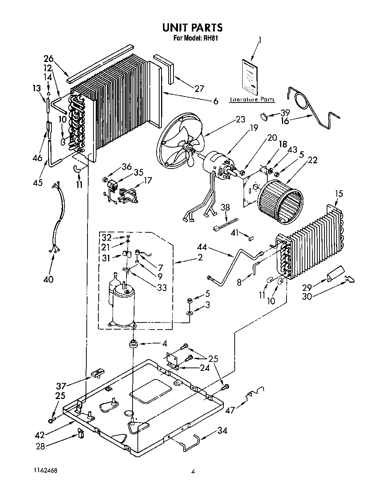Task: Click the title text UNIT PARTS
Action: [192, 27]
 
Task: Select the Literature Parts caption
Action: [252, 99]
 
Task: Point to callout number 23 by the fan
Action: [240, 119]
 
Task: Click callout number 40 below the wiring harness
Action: [48, 279]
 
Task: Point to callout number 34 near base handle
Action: [222, 431]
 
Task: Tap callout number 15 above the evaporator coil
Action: [339, 194]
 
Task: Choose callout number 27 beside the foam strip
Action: [199, 89]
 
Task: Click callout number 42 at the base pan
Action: [40, 435]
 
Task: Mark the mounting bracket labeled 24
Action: [173, 361]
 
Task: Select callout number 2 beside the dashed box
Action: [200, 257]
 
